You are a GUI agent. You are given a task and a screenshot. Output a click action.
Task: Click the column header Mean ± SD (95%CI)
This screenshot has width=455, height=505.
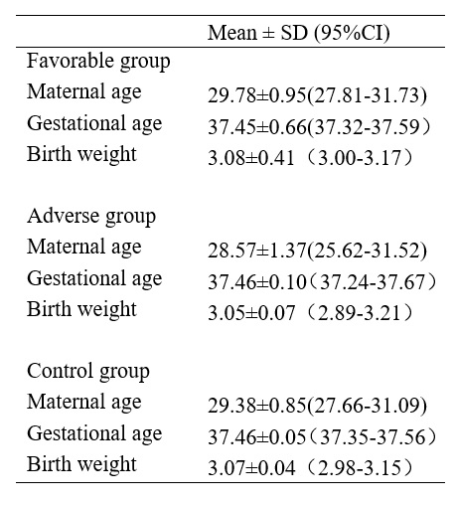click(299, 33)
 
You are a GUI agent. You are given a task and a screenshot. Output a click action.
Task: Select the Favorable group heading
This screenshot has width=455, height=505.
click(98, 62)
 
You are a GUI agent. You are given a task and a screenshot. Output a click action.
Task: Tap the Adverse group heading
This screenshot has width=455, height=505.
click(91, 217)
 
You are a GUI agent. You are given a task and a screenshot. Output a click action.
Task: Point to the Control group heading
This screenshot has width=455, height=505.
click(88, 372)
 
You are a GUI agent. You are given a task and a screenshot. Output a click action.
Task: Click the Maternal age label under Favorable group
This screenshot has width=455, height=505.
click(84, 92)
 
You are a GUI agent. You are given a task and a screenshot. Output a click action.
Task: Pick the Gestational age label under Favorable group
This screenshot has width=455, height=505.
click(94, 123)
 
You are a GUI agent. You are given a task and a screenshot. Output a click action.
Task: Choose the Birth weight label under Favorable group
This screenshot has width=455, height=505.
click(81, 154)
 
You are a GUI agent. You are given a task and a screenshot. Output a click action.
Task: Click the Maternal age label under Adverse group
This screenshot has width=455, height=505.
click(84, 248)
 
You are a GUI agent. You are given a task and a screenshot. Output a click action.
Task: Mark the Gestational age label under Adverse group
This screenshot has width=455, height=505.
click(94, 278)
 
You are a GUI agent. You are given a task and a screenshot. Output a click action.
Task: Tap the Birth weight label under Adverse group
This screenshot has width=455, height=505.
click(81, 309)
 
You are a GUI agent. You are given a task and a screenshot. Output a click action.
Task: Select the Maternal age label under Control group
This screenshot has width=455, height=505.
click(84, 403)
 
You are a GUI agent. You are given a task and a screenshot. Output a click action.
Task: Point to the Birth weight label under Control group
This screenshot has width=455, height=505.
click(81, 464)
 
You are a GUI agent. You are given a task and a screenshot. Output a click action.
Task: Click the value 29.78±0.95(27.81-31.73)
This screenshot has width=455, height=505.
click(317, 95)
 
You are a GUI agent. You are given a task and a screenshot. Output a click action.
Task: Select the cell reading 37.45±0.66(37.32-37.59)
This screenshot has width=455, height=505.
click(320, 127)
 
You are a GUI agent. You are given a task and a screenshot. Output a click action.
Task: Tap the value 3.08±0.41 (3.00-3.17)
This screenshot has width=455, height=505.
click(311, 158)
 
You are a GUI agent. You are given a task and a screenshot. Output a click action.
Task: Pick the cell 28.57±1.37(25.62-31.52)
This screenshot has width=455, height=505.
click(317, 251)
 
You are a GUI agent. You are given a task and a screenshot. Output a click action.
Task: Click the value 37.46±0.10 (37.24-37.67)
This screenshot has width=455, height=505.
click(322, 282)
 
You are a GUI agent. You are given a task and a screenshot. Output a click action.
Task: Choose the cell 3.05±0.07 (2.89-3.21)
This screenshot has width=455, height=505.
click(311, 313)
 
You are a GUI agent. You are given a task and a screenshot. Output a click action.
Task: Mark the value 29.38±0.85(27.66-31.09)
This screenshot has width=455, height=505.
click(317, 406)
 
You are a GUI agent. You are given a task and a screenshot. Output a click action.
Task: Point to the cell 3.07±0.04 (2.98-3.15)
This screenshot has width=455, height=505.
click(311, 468)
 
